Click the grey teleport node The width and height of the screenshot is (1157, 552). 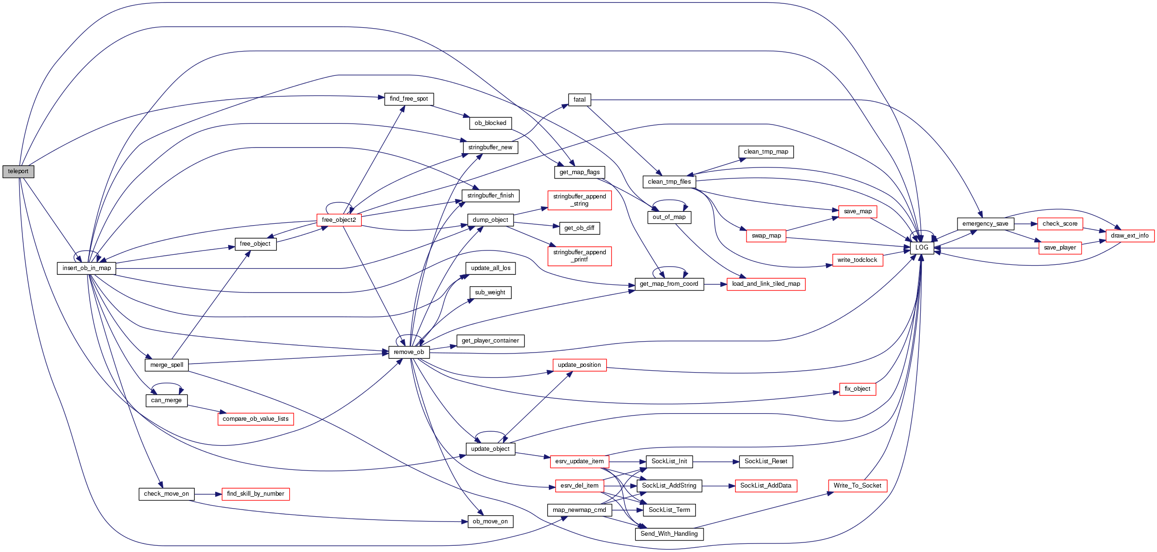click(18, 171)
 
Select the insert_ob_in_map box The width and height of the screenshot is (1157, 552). click(86, 268)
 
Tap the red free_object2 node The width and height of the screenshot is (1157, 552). click(339, 220)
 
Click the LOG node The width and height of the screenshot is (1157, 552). click(922, 248)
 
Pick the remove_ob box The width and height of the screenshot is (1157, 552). click(409, 352)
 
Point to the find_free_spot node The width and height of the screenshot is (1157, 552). click(409, 99)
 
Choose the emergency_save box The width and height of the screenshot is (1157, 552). click(985, 224)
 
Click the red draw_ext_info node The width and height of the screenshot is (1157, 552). click(1129, 236)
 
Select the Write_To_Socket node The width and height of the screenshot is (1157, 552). click(857, 486)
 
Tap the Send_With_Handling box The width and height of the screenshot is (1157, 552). click(669, 534)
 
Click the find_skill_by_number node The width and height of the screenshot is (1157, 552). click(255, 494)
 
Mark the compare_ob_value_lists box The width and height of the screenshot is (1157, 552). click(255, 419)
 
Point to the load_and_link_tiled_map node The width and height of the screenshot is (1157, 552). click(766, 284)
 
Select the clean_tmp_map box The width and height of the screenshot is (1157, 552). click(766, 152)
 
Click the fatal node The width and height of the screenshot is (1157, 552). click(579, 100)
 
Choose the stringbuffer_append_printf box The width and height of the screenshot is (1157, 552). click(579, 256)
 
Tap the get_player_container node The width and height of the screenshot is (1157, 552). click(490, 341)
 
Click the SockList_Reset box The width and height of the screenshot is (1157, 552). click(766, 461)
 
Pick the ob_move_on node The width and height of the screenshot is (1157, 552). click(490, 521)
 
